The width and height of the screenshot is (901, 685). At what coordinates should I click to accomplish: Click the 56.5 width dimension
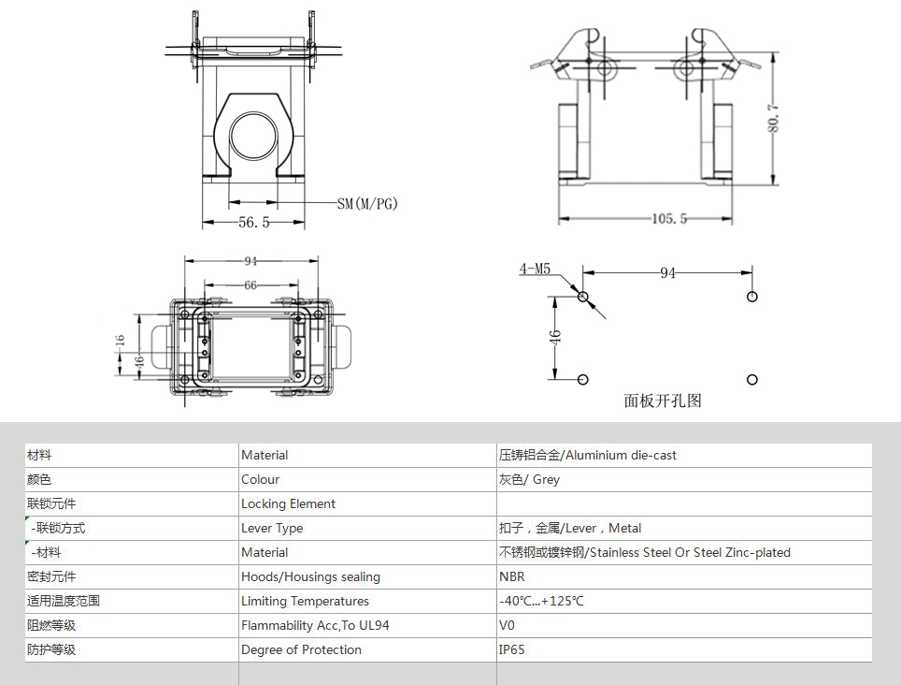pos(254,222)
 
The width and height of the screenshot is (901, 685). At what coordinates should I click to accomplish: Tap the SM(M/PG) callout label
pos(367,204)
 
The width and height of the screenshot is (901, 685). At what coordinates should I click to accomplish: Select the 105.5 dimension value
pos(669,219)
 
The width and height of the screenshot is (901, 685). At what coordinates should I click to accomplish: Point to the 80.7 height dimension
pos(774,118)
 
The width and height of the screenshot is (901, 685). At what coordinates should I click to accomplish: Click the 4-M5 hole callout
pos(535,269)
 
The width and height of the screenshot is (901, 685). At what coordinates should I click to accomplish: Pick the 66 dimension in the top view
pos(250,285)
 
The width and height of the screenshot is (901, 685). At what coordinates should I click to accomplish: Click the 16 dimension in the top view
pos(120,341)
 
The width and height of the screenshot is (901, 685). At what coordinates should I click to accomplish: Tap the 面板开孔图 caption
pos(663,401)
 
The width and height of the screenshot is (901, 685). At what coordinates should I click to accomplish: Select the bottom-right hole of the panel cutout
pos(752,380)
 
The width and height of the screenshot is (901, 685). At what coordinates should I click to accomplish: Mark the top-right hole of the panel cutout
pos(752,297)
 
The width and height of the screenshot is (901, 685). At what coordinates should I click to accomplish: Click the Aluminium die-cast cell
pos(587,456)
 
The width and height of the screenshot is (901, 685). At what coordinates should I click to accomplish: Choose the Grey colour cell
pos(529,480)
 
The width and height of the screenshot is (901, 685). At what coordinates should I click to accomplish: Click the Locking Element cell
pos(288,503)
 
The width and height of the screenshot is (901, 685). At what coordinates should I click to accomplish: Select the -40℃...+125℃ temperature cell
pos(541,601)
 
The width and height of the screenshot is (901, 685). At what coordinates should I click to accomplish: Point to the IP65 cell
pos(511,650)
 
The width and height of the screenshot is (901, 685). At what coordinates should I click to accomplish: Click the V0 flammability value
pos(507,625)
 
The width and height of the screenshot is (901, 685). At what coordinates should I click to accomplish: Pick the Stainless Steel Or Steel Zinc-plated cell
pos(644,553)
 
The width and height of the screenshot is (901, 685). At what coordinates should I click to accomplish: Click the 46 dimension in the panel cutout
pos(555,338)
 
